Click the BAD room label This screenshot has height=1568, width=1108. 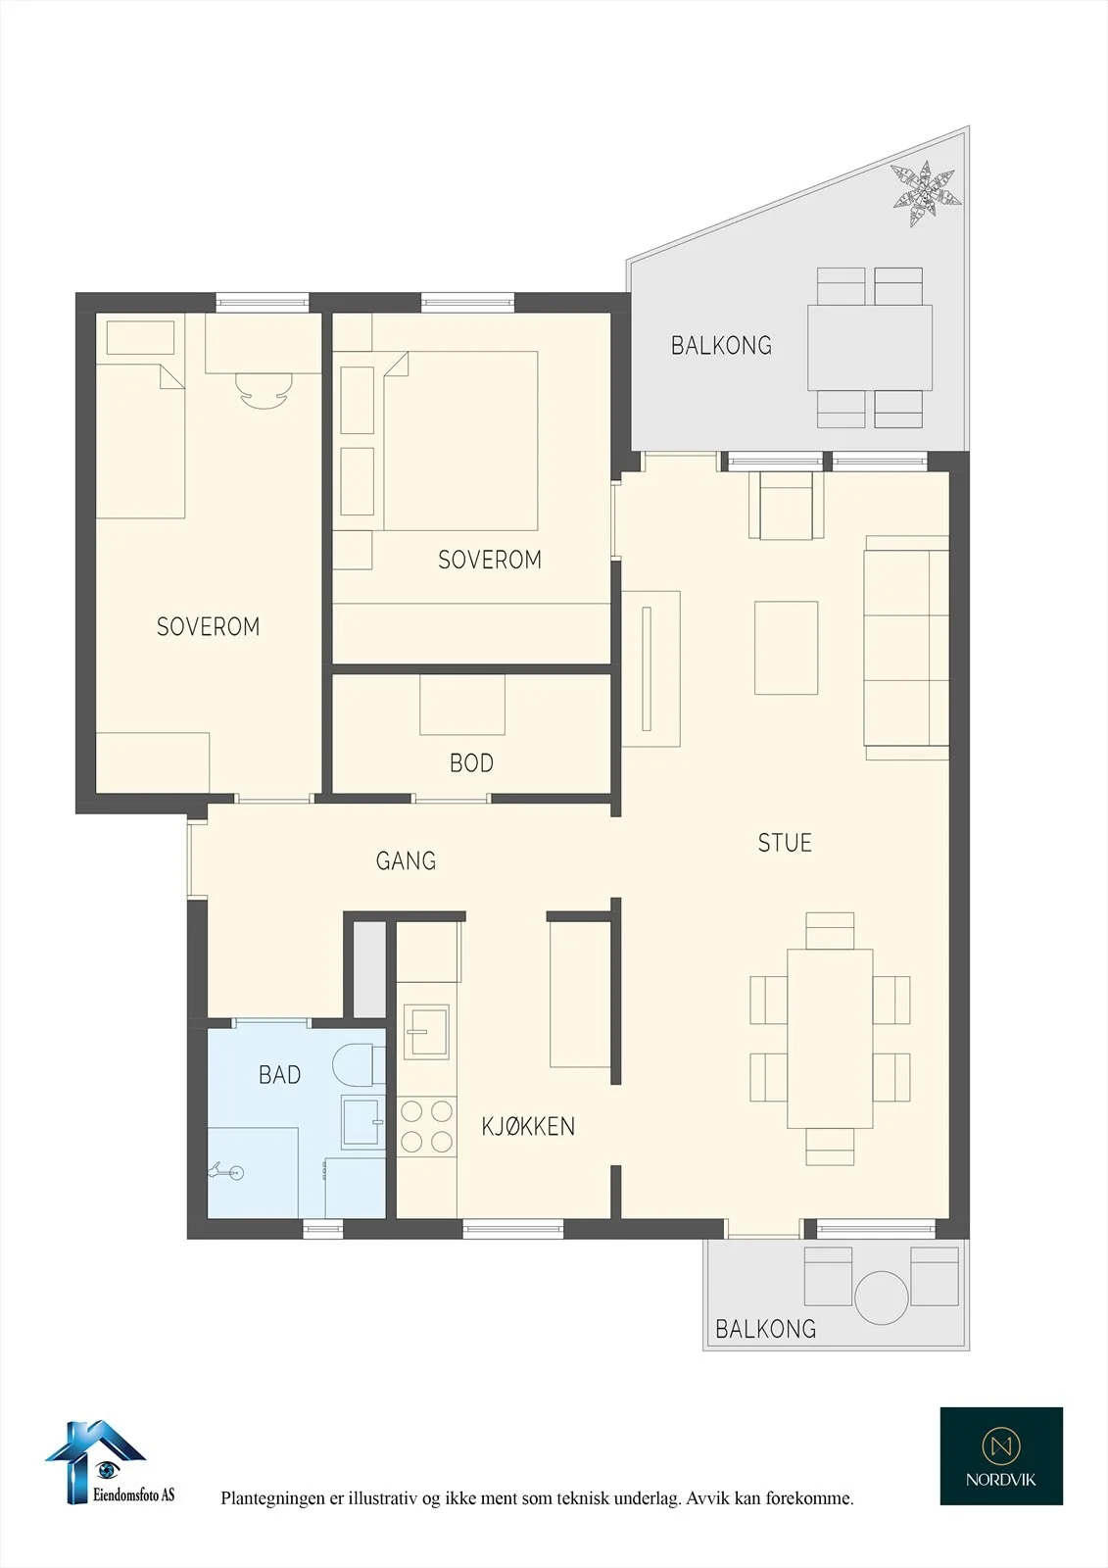click(x=280, y=1074)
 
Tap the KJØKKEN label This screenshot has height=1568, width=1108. click(x=528, y=1126)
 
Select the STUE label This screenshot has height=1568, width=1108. click(x=785, y=843)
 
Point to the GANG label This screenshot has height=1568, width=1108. click(x=406, y=860)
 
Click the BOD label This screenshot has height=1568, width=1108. click(x=472, y=763)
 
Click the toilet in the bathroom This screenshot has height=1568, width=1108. click(x=360, y=1065)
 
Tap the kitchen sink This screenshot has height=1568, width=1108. click(x=427, y=1032)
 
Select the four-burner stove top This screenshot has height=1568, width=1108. click(x=427, y=1126)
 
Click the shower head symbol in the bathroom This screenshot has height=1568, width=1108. click(x=226, y=1170)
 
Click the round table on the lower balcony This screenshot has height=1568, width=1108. click(x=882, y=1298)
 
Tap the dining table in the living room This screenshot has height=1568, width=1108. click(x=830, y=1038)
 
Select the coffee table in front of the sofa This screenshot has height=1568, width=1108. click(x=786, y=648)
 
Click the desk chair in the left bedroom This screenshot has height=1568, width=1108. click(x=264, y=389)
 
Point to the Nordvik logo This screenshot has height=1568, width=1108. click(x=1001, y=1456)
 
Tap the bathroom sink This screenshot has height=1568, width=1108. click(x=362, y=1122)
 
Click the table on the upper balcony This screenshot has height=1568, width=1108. click(x=869, y=347)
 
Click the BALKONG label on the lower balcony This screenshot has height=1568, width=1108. click(x=766, y=1329)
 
